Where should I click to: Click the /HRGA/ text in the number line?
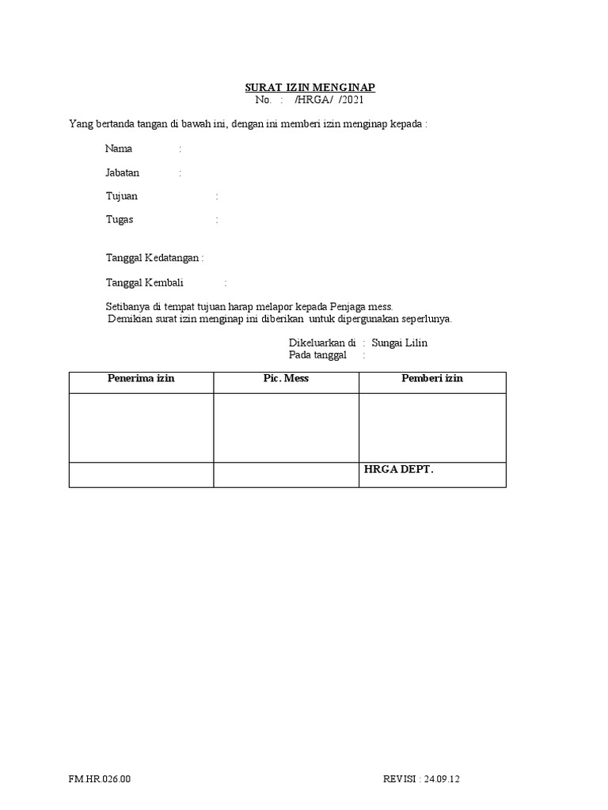tap(310, 100)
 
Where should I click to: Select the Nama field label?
tap(119, 149)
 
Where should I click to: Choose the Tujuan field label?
tap(121, 196)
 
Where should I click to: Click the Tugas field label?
tap(120, 220)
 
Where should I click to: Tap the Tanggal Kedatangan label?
tap(154, 258)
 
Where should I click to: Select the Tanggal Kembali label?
tap(145, 282)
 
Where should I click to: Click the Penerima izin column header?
tap(141, 379)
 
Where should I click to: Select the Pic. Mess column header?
tap(286, 379)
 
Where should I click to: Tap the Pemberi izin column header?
tap(431, 379)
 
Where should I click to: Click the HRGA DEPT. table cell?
tap(399, 470)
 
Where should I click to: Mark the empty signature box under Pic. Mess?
tap(286, 427)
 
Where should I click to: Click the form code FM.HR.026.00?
tap(100, 779)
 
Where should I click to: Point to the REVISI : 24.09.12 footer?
tap(421, 779)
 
